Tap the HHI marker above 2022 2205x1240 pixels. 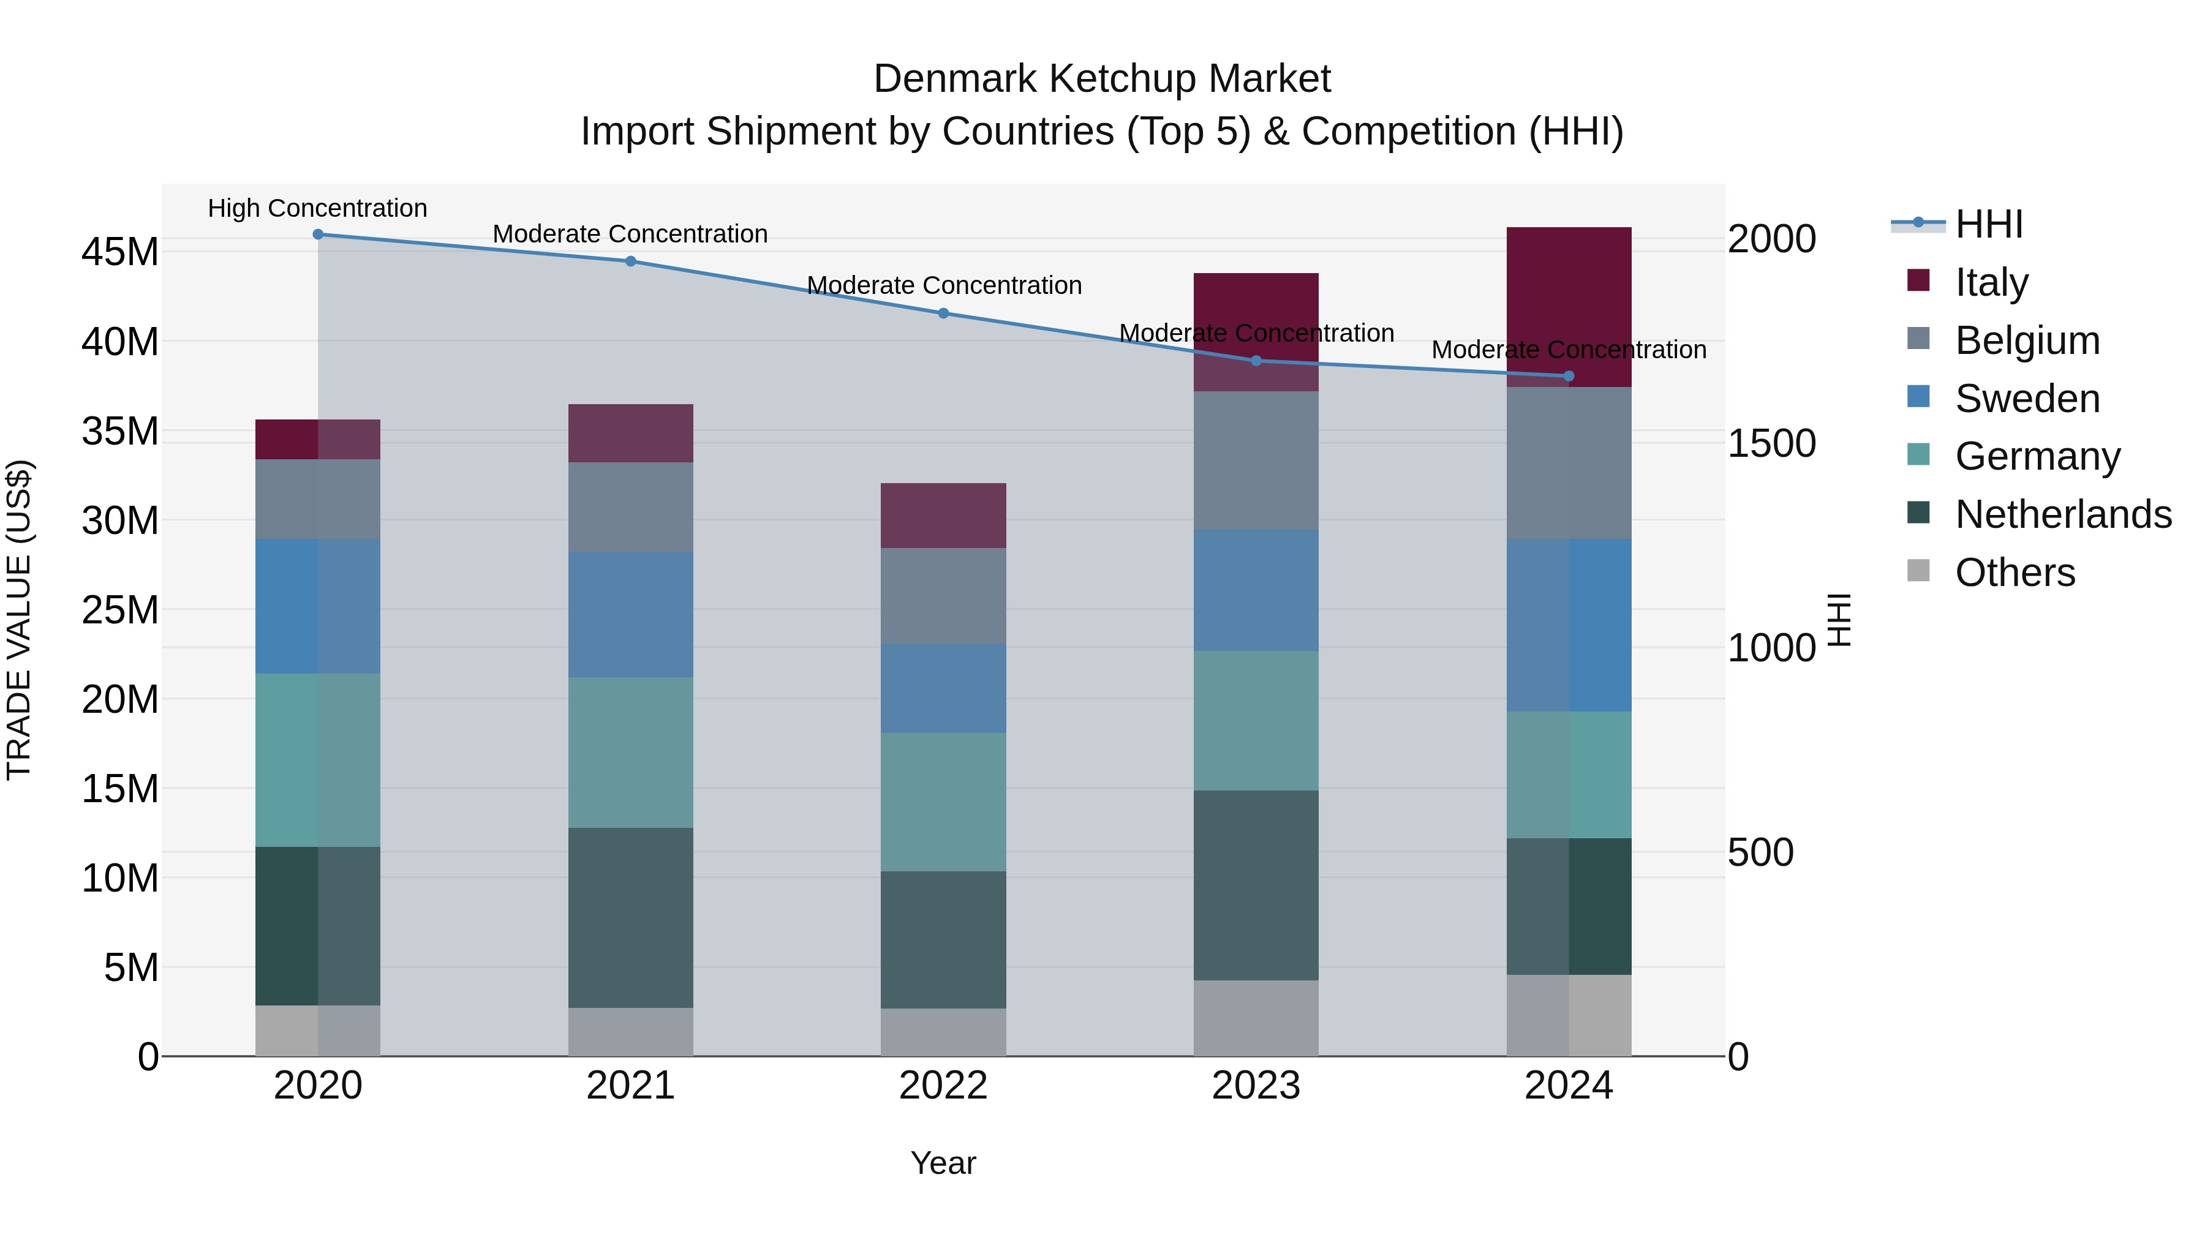[x=943, y=313]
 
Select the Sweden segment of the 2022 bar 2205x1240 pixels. [x=943, y=688]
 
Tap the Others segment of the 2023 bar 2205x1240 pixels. [x=1256, y=1018]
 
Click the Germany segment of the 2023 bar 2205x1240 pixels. [x=1256, y=721]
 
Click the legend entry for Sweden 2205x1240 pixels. [x=2027, y=399]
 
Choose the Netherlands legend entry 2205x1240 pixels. [x=2063, y=514]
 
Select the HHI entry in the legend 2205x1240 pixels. [x=1988, y=224]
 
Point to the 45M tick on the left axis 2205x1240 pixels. [x=120, y=252]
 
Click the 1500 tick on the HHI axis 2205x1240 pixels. [x=1771, y=443]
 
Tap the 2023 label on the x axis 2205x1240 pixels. [x=1256, y=1086]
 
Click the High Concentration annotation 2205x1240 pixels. [x=317, y=208]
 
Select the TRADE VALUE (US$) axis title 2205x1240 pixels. [x=19, y=620]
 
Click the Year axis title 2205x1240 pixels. [x=943, y=1163]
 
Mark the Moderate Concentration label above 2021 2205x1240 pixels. [x=630, y=234]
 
